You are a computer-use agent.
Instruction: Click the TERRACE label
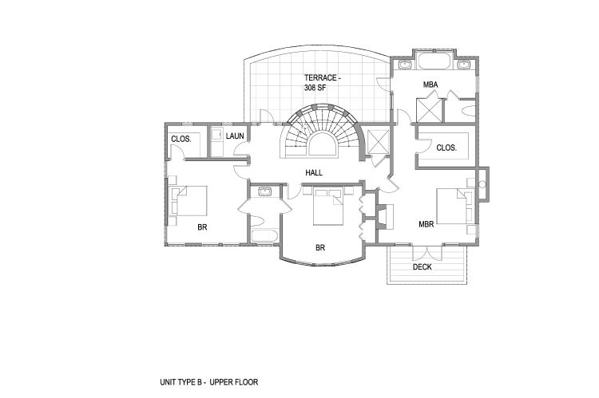pyautogui.click(x=320, y=78)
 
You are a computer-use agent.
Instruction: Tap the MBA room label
pyautogui.click(x=430, y=85)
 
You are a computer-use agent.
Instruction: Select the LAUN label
pyautogui.click(x=235, y=136)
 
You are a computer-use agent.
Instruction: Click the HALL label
pyautogui.click(x=314, y=173)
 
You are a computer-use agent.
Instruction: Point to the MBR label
pyautogui.click(x=426, y=224)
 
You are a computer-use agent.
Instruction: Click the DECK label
pyautogui.click(x=422, y=267)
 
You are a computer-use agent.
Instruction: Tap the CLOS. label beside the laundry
pyautogui.click(x=181, y=139)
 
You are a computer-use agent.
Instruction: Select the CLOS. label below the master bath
pyautogui.click(x=446, y=148)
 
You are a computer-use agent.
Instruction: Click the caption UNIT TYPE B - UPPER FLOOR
pyautogui.click(x=209, y=382)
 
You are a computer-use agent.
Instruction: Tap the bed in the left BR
pyautogui.click(x=189, y=201)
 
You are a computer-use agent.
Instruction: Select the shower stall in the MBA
pyautogui.click(x=429, y=110)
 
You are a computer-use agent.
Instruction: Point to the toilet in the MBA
pyautogui.click(x=468, y=111)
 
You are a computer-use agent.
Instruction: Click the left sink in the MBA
pyautogui.click(x=404, y=65)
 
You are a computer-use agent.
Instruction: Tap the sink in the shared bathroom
pyautogui.click(x=264, y=191)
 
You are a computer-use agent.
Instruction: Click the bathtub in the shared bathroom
pyautogui.click(x=264, y=235)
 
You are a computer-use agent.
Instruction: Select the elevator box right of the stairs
pyautogui.click(x=377, y=141)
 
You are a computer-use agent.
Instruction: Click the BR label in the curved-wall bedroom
pyautogui.click(x=320, y=247)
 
